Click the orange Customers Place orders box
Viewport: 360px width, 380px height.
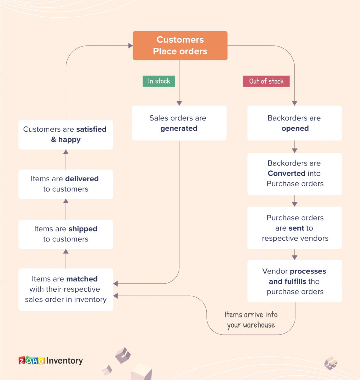[180, 46]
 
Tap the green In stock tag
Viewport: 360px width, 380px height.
[159, 81]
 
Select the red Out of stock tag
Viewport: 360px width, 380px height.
[266, 81]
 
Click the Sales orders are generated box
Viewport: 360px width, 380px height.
[179, 123]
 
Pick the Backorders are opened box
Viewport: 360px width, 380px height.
[295, 123]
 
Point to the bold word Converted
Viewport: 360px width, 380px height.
[286, 174]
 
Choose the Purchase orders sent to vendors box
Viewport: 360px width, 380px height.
[295, 228]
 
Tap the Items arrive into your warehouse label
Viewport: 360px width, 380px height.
[251, 320]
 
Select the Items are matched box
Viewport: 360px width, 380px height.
[66, 289]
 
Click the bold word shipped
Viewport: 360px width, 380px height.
[83, 229]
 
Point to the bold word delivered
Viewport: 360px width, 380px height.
[82, 179]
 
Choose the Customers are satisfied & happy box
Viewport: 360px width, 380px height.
[66, 135]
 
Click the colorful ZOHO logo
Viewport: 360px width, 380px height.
[31, 360]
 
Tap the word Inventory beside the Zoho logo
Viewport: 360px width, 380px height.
[65, 361]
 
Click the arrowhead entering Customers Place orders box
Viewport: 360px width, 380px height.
[131, 46]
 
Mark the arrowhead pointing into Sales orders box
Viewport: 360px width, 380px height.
[179, 103]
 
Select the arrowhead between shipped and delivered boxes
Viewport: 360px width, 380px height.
[66, 201]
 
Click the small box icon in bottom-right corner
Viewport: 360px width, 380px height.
[331, 363]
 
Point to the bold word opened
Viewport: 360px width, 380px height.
[295, 128]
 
